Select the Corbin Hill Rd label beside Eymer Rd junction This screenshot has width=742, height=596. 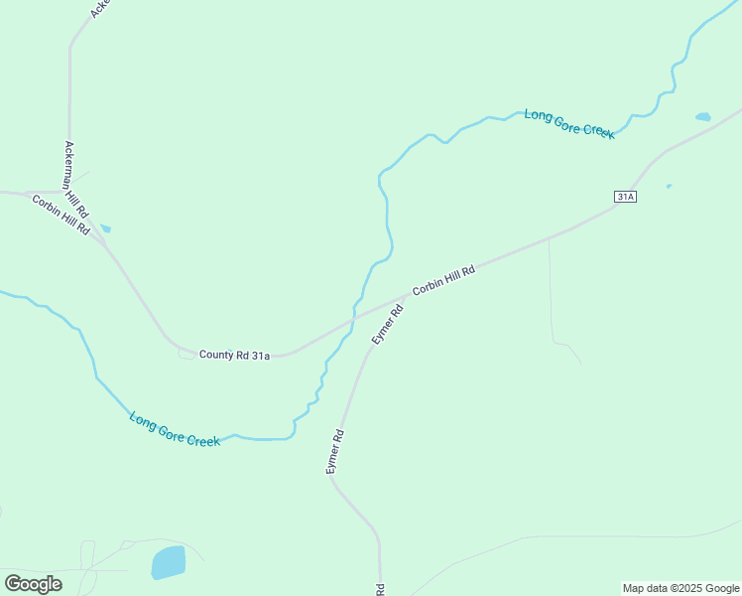444,279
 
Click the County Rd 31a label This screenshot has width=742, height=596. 234,355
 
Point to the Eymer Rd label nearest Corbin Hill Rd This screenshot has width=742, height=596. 387,324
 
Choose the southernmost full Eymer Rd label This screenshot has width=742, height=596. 335,451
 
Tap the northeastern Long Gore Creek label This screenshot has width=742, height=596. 569,123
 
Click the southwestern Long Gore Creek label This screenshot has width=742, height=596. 175,429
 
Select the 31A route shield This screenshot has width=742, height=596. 625,197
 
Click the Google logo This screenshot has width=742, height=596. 33,584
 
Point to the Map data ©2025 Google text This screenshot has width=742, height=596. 680,588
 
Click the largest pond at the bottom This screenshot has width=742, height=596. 168,562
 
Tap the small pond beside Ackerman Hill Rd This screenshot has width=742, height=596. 105,228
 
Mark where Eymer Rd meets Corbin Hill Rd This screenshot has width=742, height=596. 407,294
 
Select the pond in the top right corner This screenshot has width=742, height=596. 702,117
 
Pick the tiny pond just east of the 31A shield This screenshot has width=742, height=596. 669,186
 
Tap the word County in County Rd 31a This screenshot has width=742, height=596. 215,355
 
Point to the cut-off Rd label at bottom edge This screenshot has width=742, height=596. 381,589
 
